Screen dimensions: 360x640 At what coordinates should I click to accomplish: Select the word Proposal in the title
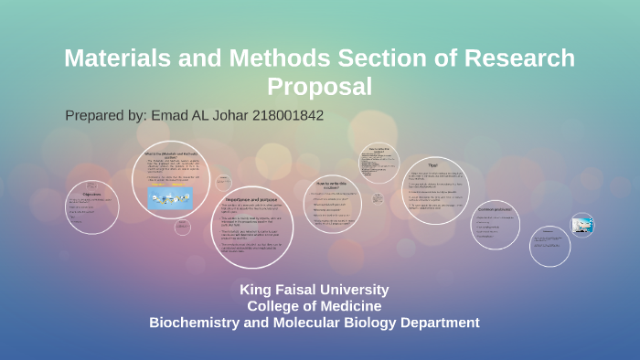tap(319, 87)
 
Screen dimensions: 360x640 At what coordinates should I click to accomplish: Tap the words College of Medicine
tap(315, 306)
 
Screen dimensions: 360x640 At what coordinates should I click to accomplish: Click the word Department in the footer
tap(433, 323)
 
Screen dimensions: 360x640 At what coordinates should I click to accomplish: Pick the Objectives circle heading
tap(91, 194)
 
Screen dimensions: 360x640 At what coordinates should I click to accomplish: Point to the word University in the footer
tap(358, 290)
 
